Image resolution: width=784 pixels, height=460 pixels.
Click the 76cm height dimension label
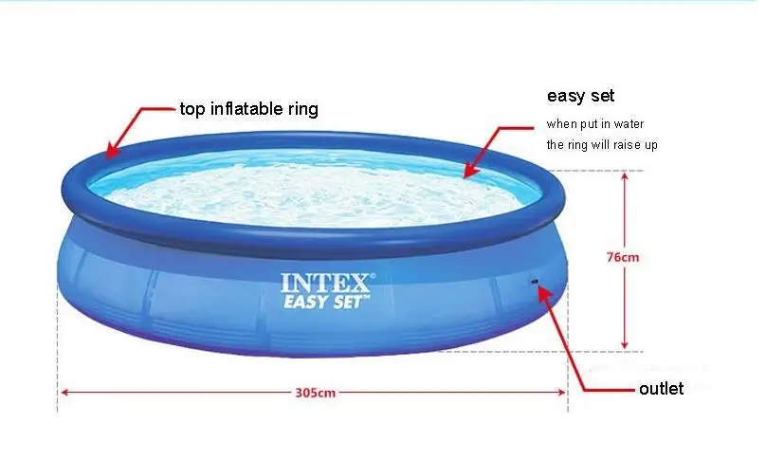623,257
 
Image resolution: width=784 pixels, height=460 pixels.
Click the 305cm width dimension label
315,393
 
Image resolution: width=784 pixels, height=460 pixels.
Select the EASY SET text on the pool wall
326,302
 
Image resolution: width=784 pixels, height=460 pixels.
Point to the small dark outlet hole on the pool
534,282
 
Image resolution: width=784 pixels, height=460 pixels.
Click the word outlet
661,389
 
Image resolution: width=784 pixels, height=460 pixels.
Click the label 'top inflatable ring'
249,108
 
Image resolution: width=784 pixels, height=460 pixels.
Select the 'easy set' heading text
580,96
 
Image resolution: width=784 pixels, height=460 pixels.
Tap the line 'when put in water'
595,124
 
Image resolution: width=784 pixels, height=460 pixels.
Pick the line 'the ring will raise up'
602,144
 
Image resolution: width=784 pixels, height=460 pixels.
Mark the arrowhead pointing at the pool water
469,170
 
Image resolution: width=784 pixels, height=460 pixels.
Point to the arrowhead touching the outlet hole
543,291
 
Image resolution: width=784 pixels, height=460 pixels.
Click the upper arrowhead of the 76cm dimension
624,176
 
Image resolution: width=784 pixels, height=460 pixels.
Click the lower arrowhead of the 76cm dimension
624,344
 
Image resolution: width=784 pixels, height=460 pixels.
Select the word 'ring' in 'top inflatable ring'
303,109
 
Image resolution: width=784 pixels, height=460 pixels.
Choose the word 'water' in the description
629,124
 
